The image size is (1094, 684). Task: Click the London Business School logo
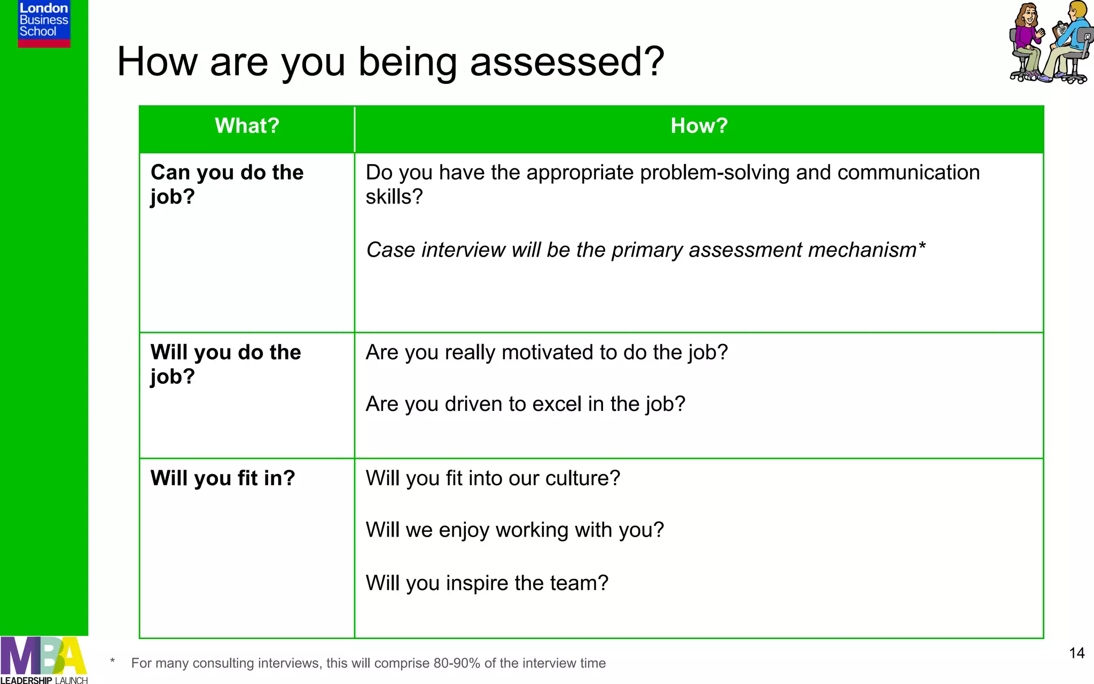pos(44,23)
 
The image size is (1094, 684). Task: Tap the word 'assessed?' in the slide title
pos(567,62)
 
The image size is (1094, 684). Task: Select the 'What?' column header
pos(247,126)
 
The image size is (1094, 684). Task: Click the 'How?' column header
pos(699,126)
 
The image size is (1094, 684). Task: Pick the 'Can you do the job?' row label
pos(226,184)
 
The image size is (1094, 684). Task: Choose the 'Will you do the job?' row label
pos(225,364)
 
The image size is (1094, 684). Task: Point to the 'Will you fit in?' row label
pos(222,478)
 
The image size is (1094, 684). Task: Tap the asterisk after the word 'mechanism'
pos(921,247)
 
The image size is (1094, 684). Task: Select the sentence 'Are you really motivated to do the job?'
pos(546,353)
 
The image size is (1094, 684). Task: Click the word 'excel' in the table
pos(557,404)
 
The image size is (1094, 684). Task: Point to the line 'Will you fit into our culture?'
pos(493,478)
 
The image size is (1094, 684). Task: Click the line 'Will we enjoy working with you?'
pos(514,530)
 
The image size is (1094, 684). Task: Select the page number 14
pos(1076,653)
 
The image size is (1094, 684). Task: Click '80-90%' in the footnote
pos(457,663)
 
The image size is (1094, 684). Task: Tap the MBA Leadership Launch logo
pos(44,660)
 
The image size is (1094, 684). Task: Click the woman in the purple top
pos(1026,40)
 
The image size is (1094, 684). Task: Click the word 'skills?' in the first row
pos(394,197)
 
